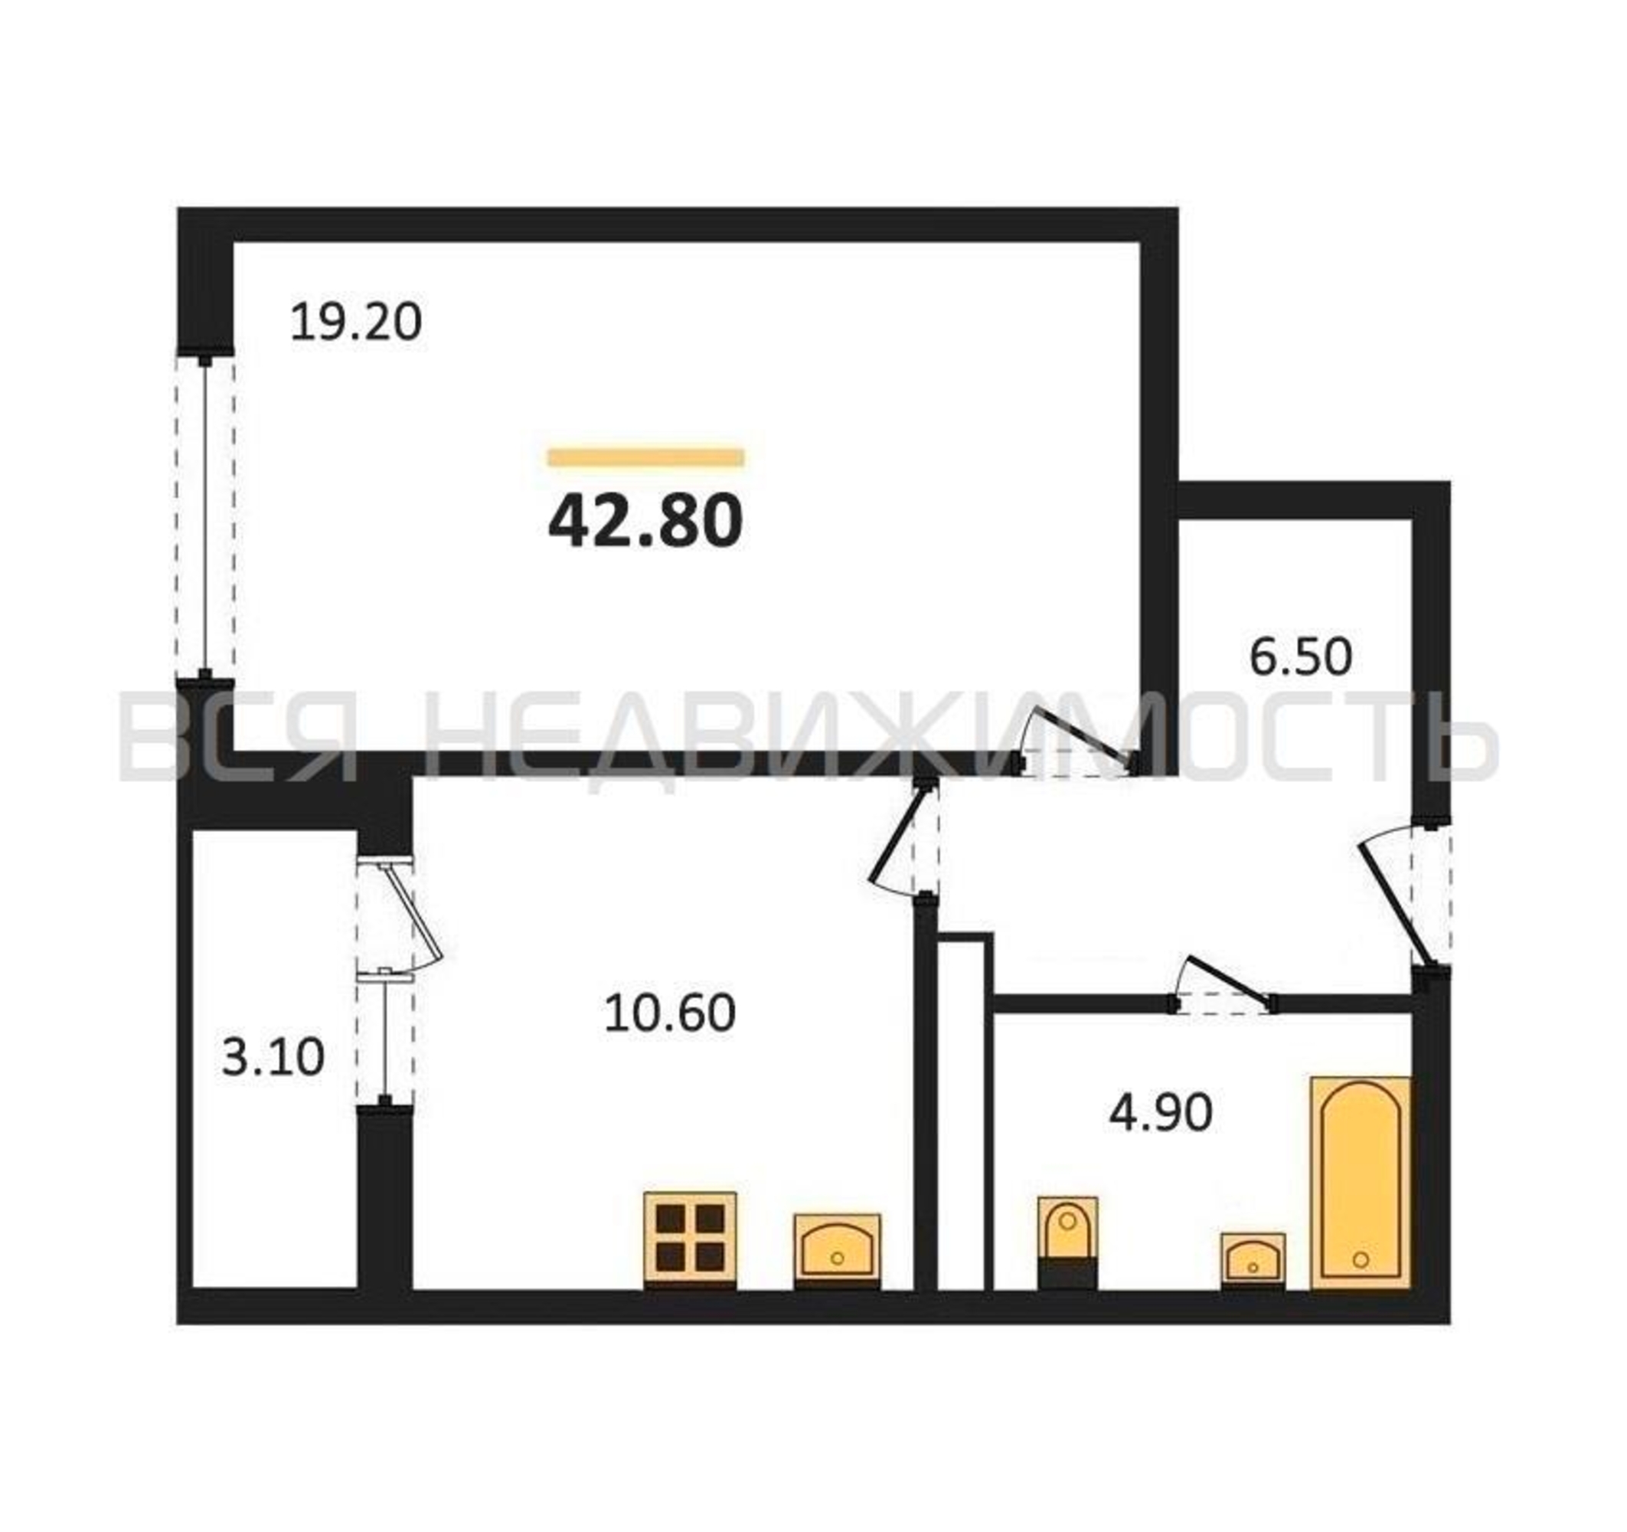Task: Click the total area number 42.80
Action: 645,522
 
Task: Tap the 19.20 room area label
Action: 356,322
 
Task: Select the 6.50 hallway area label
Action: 1301,656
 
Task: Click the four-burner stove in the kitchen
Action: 690,1239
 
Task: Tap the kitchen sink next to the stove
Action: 837,1250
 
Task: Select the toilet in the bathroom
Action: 1067,1242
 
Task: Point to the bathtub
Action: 1361,1183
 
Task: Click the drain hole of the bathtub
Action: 1361,1259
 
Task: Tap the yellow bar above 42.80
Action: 645,457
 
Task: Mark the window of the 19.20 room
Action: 204,516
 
